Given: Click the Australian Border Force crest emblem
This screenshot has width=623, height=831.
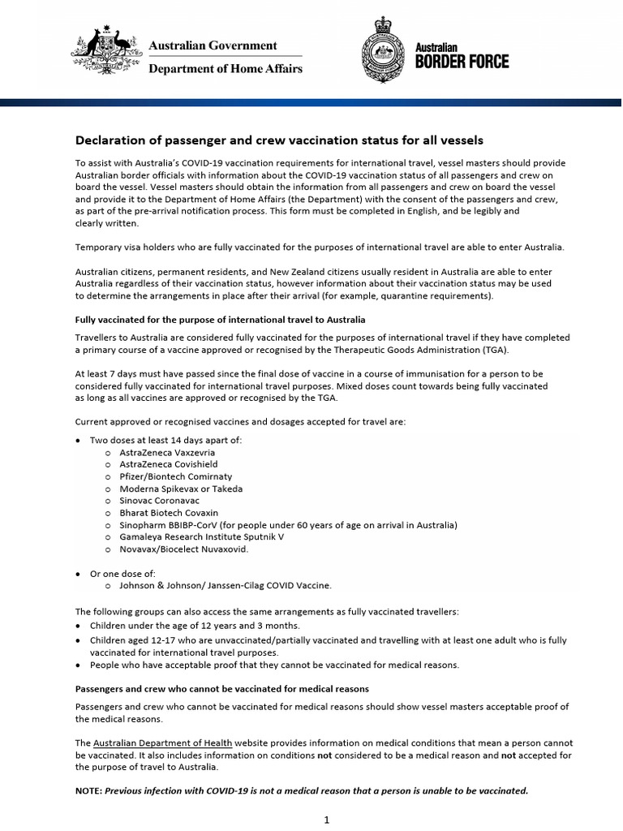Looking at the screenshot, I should pos(385,53).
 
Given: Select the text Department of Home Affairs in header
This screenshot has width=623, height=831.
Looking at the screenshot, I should pos(225,69).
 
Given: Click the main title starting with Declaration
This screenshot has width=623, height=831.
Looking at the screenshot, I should pos(279,140).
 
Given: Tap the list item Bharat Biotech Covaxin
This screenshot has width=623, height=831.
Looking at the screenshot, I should pos(168,513).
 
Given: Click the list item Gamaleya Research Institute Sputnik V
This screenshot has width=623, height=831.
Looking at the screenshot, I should pos(201,537).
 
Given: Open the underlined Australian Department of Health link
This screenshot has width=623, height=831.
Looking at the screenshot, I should pos(163,743).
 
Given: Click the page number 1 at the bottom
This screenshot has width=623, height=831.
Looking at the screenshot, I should pos(326,820).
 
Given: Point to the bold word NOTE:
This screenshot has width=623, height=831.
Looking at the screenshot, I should pos(89,790).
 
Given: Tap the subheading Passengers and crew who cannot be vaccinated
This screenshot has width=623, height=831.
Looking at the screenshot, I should pos(221,689).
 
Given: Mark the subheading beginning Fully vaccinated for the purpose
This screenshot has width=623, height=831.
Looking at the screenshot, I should pos(220,320).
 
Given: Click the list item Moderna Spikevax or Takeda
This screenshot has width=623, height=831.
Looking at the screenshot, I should pos(180,489).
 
